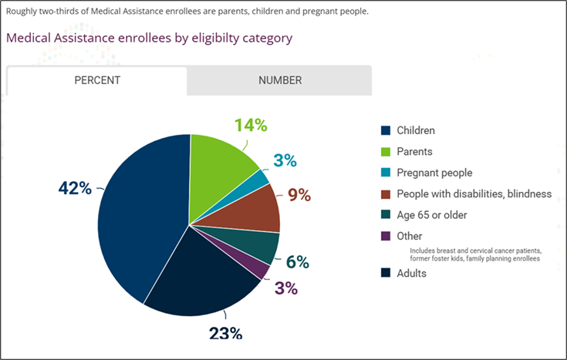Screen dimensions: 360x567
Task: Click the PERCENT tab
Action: [x=96, y=80]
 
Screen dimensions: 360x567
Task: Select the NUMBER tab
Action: [x=279, y=80]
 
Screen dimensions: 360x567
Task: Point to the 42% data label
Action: [x=75, y=188]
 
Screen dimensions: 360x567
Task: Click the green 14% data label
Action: [x=251, y=125]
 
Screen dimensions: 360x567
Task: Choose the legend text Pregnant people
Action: [x=434, y=173]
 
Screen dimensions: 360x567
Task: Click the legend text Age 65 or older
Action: [x=431, y=214]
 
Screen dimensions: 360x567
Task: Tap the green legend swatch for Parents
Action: [x=386, y=152]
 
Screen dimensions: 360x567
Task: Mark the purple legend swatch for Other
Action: [x=386, y=236]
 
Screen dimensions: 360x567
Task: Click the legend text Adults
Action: [x=411, y=272]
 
